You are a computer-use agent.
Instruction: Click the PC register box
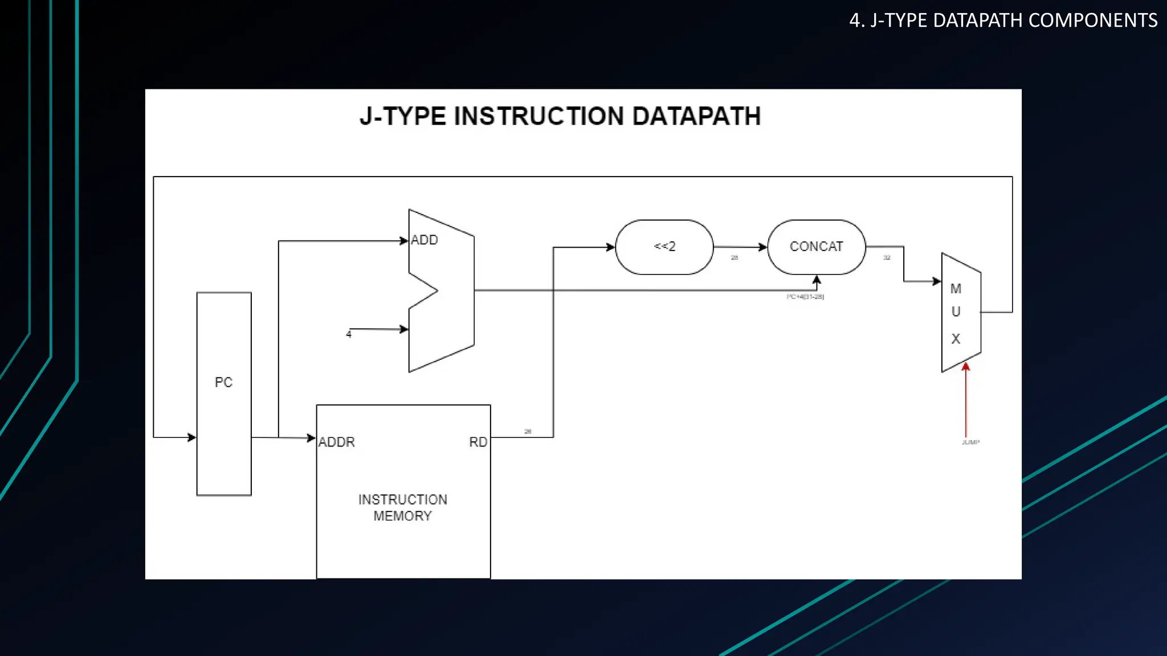coord(224,393)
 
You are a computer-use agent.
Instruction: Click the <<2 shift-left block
coord(664,247)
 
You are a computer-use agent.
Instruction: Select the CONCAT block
coord(816,247)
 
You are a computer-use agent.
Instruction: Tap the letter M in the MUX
coord(956,289)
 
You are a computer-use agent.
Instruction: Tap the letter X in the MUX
coord(956,339)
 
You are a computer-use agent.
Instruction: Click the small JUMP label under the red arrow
coord(970,442)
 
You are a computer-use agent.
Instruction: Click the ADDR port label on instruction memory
coord(337,442)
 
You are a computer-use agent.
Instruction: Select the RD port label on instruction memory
coord(478,442)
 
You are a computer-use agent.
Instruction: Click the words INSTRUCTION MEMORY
coord(403,507)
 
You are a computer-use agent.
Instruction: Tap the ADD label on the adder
coord(425,240)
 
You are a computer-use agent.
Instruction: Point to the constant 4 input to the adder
coord(349,334)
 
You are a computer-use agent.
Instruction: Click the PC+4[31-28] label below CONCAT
coord(805,297)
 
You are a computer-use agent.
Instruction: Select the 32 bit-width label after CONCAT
coord(887,258)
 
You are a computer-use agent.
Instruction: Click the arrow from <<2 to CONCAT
coord(741,247)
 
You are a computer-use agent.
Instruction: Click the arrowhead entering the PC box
coord(192,437)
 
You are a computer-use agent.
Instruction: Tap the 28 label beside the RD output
coord(528,432)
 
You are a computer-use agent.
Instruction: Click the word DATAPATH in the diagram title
coord(696,116)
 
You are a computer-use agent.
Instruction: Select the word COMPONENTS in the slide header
coord(1093,20)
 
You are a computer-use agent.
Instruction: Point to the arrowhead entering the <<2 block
coord(610,247)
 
